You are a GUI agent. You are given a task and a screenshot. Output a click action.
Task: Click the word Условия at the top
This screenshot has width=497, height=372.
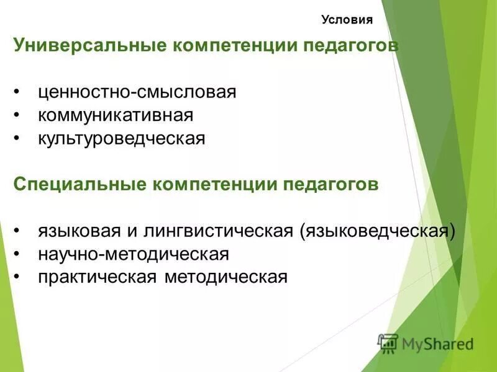pyautogui.click(x=347, y=20)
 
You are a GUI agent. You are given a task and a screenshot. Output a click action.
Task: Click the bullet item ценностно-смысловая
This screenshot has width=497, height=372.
pyautogui.click(x=137, y=92)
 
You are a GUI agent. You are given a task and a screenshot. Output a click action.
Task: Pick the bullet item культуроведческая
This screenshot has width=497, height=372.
pyautogui.click(x=121, y=138)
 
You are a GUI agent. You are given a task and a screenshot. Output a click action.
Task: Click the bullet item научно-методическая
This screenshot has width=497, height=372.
pyautogui.click(x=134, y=254)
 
